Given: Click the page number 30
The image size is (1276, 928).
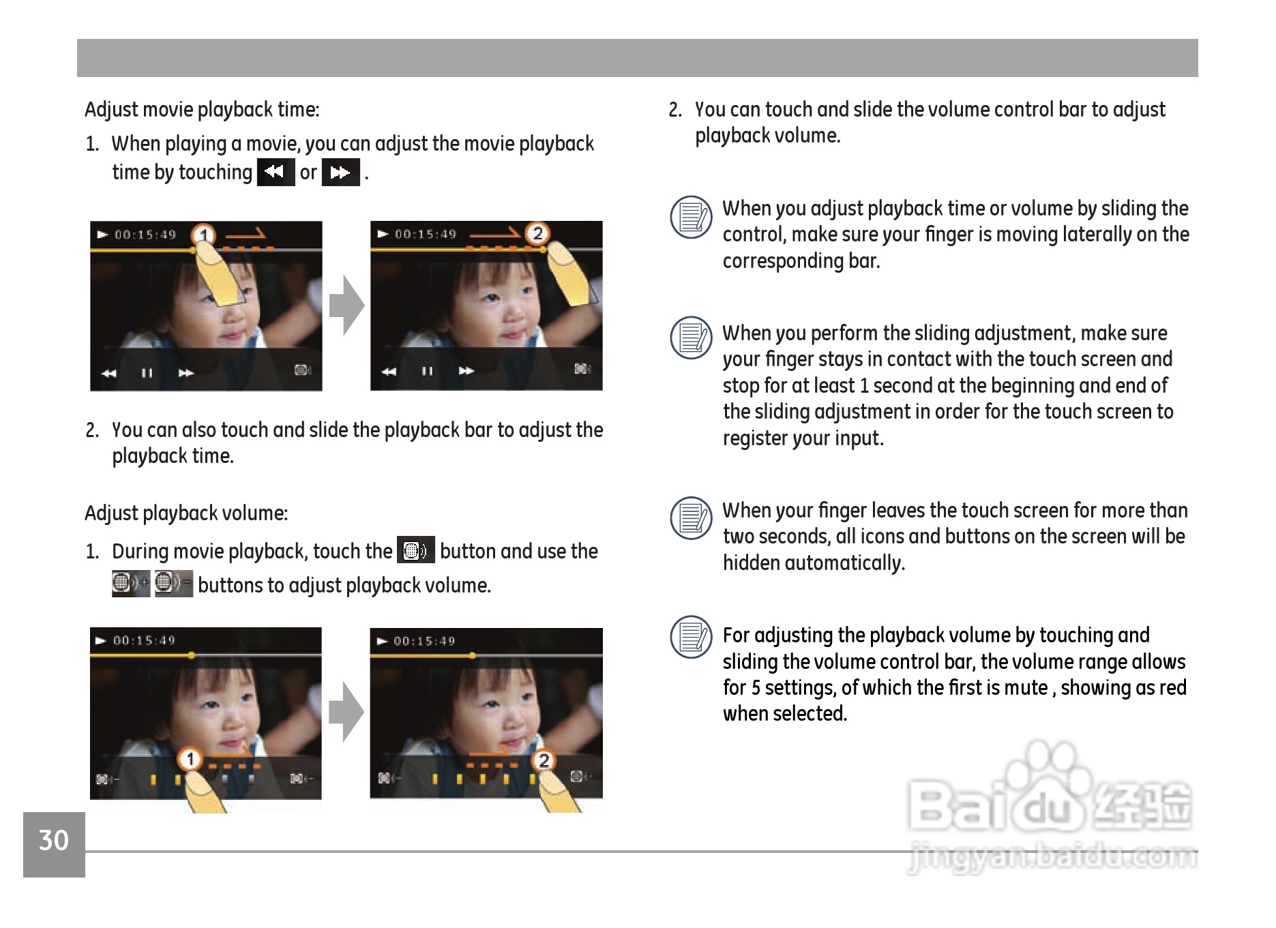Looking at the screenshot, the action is pos(54,840).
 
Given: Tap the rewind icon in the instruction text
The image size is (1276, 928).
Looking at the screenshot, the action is pos(276,172).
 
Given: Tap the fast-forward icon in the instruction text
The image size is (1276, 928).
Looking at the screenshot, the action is pos(340,172).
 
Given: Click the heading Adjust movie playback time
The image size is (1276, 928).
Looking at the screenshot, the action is pos(202,110).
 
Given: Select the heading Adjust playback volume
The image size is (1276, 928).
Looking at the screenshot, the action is pos(186,513).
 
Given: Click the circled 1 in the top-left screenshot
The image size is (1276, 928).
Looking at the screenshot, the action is pos(203,236).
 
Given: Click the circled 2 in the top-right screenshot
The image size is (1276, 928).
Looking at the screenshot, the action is pos(537,234).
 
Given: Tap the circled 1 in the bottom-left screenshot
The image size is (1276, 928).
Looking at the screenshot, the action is pos(190,759).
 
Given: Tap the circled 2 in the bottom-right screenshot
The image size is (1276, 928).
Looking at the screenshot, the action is pos(544,760).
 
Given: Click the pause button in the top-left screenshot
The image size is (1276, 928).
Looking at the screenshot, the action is pos(147,373).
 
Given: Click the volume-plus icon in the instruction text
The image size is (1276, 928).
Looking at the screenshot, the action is pos(130,584).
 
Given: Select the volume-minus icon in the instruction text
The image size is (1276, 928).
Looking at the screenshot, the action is pos(173,584).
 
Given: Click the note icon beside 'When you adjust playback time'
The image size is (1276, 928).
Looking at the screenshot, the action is pos(692,217).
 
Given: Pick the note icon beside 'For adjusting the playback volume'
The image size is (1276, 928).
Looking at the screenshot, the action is pos(692,637).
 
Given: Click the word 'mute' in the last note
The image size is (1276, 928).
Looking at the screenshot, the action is pos(1026,687).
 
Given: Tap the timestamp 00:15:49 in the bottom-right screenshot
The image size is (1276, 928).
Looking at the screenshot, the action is pos(424,641).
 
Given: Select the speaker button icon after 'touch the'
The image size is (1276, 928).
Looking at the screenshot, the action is pos(415,550).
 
